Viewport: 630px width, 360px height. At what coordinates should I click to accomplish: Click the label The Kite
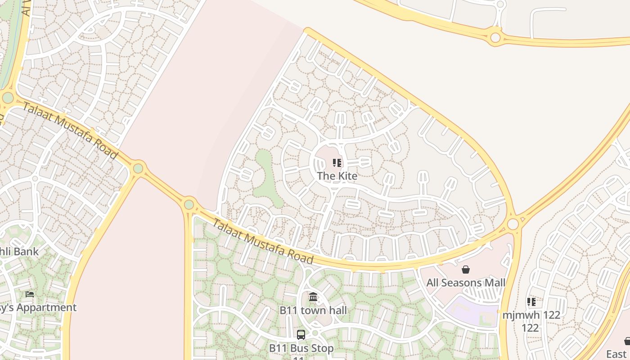tap(337, 176)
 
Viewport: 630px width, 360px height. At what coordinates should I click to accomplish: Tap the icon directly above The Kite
tap(337, 163)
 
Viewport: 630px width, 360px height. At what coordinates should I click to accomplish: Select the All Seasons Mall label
tap(466, 283)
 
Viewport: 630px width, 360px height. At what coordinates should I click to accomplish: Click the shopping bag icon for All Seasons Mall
tap(466, 270)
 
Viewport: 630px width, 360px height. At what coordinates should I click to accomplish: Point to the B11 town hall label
tap(313, 310)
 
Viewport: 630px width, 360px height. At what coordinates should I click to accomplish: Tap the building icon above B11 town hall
tap(313, 297)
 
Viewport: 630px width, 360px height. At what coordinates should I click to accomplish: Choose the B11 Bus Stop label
tap(301, 348)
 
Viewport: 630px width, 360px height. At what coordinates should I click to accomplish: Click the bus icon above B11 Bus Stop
tap(301, 335)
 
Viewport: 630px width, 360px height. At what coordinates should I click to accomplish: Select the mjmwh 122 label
tap(531, 315)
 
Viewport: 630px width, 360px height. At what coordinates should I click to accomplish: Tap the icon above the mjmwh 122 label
tap(531, 302)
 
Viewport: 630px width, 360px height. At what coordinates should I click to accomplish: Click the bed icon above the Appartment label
tap(30, 294)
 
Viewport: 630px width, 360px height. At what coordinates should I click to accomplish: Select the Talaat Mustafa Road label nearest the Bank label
tap(70, 130)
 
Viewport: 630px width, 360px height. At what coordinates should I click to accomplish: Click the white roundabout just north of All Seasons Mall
tap(513, 224)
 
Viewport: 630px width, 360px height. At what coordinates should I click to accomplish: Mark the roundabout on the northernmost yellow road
tap(495, 37)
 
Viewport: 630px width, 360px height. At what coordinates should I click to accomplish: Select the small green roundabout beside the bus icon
tap(315, 333)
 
